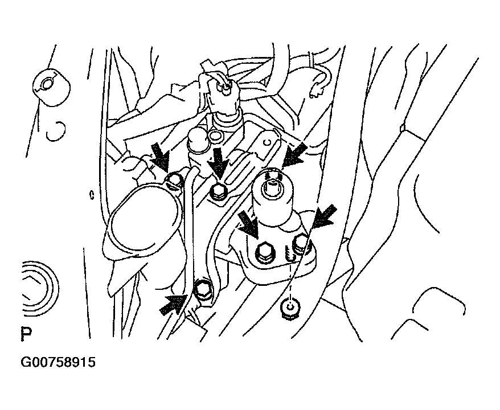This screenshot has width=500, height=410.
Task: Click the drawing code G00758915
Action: [x=58, y=363]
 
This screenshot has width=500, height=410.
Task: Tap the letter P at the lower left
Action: [x=26, y=334]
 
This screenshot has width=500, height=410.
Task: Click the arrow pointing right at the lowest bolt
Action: [x=173, y=304]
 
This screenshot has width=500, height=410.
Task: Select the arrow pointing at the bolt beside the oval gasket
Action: [x=160, y=156]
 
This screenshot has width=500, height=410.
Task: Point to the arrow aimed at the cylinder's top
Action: [x=294, y=155]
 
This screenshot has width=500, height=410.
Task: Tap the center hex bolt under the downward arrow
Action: [x=219, y=192]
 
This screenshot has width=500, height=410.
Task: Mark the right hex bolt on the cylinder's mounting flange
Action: [x=300, y=244]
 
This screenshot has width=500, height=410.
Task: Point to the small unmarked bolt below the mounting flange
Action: [x=290, y=307]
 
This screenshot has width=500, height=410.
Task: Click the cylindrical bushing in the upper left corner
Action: [x=51, y=87]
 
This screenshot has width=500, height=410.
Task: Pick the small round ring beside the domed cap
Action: [x=217, y=136]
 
